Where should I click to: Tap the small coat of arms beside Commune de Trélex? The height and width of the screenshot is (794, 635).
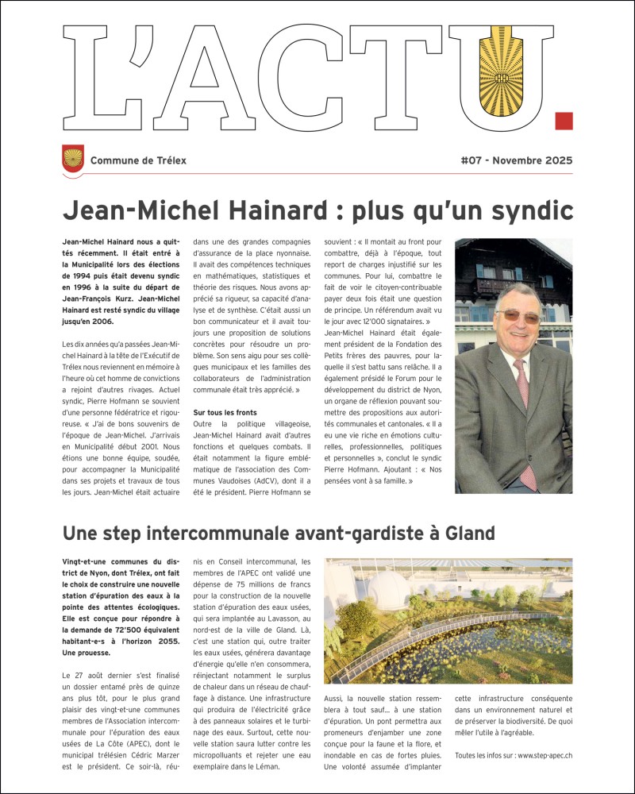pyautogui.click(x=73, y=158)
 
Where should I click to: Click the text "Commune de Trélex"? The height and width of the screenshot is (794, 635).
pyautogui.click(x=138, y=160)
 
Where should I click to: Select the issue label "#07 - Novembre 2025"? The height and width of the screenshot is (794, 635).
pyautogui.click(x=516, y=160)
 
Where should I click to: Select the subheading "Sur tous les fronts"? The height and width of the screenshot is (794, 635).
pyautogui.click(x=225, y=413)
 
